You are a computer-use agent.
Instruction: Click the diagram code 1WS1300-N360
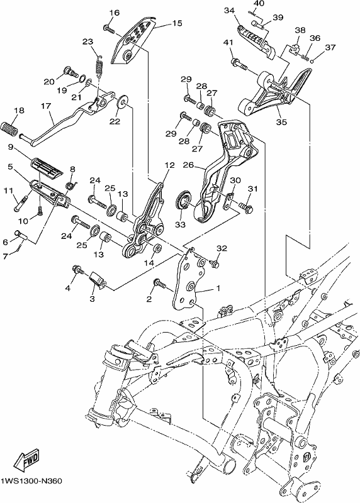click(31, 481)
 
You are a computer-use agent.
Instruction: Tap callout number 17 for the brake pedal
click(46, 106)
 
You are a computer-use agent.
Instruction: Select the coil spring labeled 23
click(101, 66)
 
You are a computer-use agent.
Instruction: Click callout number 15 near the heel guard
click(177, 23)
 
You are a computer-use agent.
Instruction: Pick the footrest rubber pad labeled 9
click(46, 167)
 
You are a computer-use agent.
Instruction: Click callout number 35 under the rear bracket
click(281, 122)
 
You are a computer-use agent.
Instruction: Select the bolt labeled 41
click(239, 64)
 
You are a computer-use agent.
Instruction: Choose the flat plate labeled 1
click(189, 283)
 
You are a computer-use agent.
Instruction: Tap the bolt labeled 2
click(159, 284)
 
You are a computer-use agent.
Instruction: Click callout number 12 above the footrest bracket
click(169, 165)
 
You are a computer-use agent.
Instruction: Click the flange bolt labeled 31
click(245, 207)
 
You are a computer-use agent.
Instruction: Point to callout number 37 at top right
click(330, 48)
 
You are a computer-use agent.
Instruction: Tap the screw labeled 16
click(109, 29)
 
